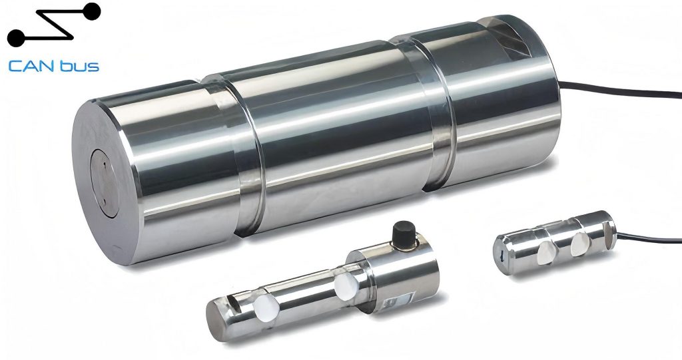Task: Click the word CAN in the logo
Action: pyautogui.click(x=29, y=67)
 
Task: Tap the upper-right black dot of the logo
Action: pyautogui.click(x=91, y=11)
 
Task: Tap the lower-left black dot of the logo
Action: pyautogui.click(x=16, y=38)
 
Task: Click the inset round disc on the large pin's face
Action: pyautogui.click(x=105, y=183)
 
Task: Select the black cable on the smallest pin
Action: pyautogui.click(x=649, y=238)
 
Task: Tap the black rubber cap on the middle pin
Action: pyautogui.click(x=404, y=235)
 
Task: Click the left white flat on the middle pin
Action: pyautogui.click(x=266, y=308)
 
